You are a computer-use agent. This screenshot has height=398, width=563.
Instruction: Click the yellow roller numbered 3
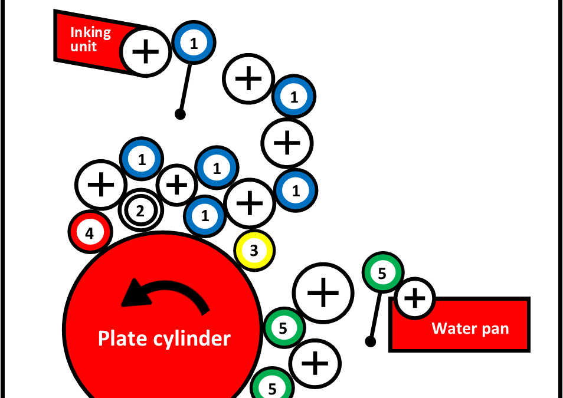point(254,251)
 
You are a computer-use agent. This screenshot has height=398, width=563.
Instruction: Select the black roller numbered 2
point(140,210)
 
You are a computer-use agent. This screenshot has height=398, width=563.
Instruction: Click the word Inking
point(90,32)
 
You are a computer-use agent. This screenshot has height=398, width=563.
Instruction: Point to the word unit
point(83,46)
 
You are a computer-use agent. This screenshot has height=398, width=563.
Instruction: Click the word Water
point(452,328)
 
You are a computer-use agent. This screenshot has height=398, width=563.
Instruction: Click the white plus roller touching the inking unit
point(145,52)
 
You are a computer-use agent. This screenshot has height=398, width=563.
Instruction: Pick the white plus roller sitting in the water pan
point(415,298)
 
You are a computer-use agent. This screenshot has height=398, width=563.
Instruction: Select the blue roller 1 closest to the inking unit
point(194,42)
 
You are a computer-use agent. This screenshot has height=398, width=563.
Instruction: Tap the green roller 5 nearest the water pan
point(382,274)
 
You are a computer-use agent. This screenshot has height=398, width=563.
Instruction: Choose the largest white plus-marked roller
point(322,293)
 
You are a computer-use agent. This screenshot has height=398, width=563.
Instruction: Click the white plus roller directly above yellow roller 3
point(250,203)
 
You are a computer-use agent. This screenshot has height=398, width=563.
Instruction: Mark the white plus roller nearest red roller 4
point(101,185)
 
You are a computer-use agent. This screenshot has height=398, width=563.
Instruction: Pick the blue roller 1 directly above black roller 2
point(142,159)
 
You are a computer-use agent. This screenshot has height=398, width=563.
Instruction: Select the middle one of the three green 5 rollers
point(284,328)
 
